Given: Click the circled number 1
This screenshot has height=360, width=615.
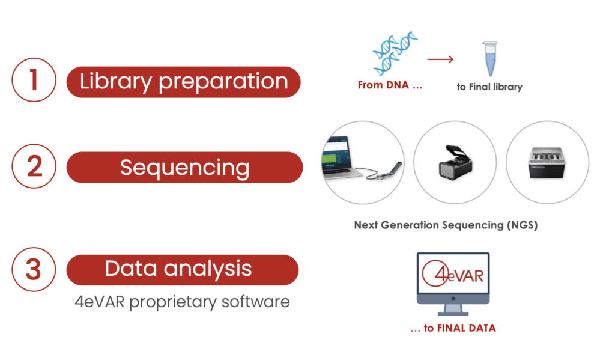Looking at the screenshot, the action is (x=34, y=80).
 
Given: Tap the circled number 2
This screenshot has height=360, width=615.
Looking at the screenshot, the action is (x=34, y=166).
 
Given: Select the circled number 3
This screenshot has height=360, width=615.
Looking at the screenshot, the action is (x=34, y=269).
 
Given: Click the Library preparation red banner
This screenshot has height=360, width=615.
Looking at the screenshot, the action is (x=184, y=82).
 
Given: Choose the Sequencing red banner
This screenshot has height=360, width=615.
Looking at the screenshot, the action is (x=185, y=167).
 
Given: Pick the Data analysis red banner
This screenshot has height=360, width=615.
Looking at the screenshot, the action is (x=183, y=270).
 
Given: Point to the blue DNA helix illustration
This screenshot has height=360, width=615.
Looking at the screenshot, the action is (x=395, y=53).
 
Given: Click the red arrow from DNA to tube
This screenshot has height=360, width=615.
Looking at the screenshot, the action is (x=440, y=59).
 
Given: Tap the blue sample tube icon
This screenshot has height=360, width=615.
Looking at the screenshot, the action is (x=490, y=58).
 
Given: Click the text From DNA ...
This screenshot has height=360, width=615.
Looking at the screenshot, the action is (x=383, y=85).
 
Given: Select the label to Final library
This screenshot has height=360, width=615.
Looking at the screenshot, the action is (x=489, y=87).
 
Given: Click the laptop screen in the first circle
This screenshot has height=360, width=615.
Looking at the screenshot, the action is (x=335, y=153).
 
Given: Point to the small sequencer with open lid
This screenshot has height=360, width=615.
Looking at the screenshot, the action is (x=455, y=162).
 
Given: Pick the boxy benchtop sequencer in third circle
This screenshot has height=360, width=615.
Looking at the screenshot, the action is (x=548, y=162).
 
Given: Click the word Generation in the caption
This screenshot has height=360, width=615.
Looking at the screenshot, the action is (x=410, y=225).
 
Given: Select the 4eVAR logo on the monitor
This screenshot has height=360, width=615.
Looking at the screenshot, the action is (x=453, y=273).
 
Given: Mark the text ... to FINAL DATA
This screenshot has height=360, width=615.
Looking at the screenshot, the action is (x=453, y=328).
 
